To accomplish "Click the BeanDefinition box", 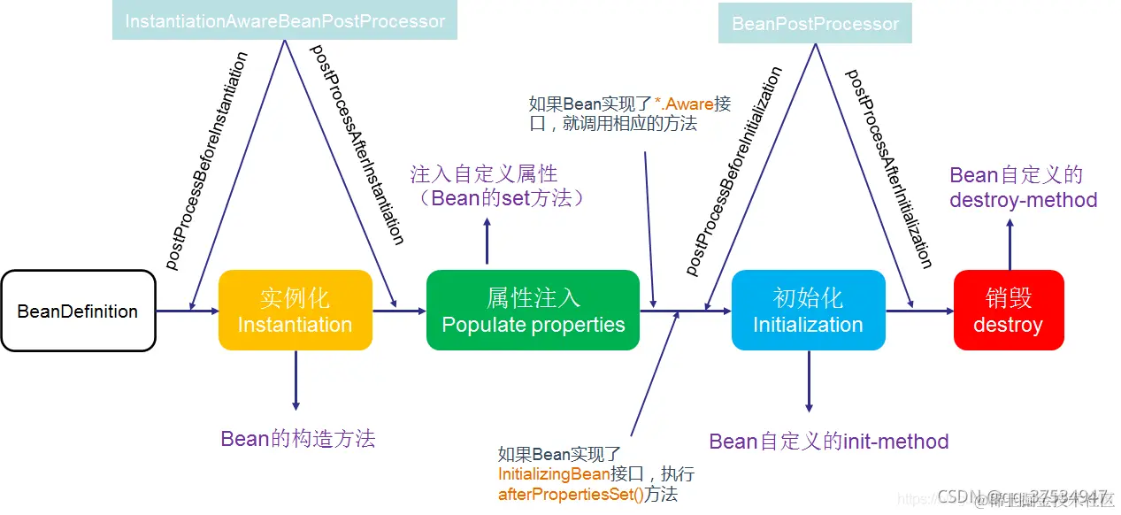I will (78, 311).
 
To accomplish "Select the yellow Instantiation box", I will (295, 311).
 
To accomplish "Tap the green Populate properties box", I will (533, 311).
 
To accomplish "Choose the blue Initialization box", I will (808, 311).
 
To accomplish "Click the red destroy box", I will (1008, 311).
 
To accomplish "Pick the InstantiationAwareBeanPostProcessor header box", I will (285, 20).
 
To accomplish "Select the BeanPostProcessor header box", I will (815, 24).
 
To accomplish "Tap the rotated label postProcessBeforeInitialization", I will (734, 171).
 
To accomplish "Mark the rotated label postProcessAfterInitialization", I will (888, 168).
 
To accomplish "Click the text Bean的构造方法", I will (298, 438).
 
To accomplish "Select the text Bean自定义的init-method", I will (829, 442).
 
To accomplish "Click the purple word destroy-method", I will (1023, 200).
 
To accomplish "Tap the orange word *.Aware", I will (684, 104).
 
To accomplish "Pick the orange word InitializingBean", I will (554, 474).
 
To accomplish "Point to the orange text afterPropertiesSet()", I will (572, 495).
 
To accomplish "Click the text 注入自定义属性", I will (484, 173).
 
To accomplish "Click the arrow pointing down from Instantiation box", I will (296, 380).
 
